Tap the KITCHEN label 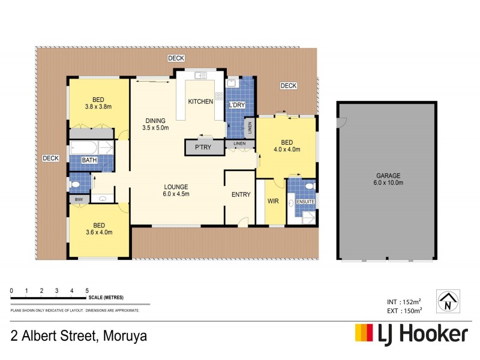point(200,101)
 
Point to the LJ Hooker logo point(411,334)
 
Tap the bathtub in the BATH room point(90,148)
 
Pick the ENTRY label point(241,194)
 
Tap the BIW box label point(79,199)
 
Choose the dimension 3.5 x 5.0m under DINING point(155,128)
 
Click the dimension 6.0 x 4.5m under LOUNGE point(176,194)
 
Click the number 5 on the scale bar point(87,290)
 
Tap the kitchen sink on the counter point(200,76)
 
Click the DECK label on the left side point(50,158)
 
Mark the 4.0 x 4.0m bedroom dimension point(287,149)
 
